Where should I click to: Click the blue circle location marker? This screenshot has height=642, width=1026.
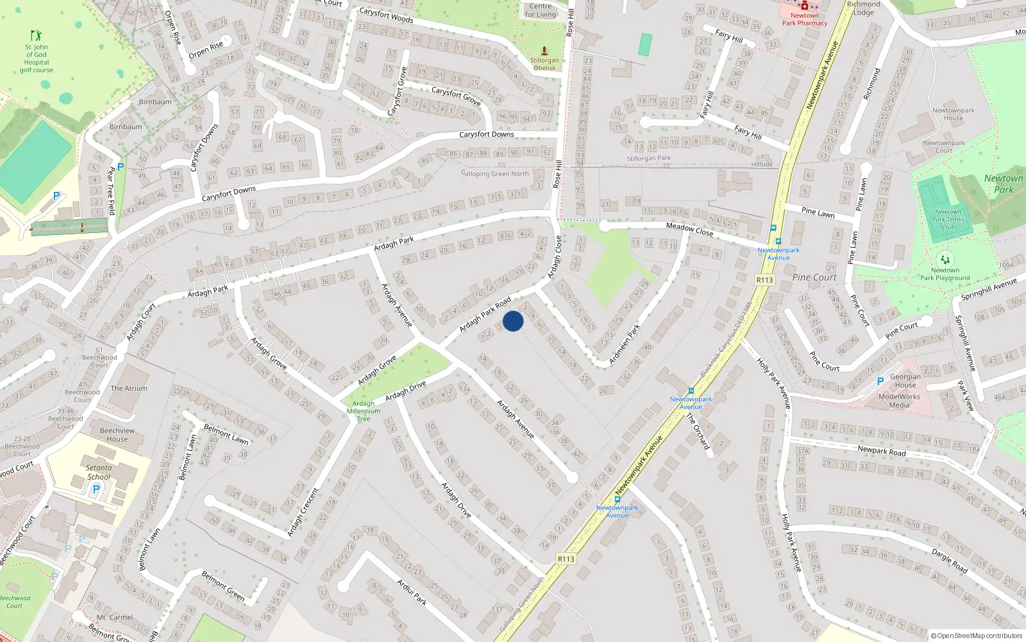513,321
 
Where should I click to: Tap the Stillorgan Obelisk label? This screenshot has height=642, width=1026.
544,64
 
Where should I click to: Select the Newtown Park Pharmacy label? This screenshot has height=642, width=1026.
804,19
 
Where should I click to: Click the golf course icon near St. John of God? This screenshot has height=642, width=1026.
37,36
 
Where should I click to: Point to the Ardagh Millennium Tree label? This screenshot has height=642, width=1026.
364,411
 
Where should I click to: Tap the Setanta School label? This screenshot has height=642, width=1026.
99,473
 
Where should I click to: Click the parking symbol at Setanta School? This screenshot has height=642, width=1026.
96,489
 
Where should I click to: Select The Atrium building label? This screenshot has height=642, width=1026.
129,388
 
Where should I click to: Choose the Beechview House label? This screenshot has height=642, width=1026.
117,435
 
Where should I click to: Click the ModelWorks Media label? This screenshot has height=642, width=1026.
899,401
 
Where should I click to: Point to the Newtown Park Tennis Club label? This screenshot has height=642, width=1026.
948,220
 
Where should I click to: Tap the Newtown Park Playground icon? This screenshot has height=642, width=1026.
945,260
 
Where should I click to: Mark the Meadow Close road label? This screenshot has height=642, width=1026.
689,229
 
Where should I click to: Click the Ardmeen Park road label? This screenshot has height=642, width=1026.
625,345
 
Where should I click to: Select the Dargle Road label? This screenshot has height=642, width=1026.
950,560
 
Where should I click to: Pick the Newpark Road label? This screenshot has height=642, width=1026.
882,451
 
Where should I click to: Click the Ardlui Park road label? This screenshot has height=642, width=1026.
412,593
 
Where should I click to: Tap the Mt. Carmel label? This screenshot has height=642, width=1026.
115,618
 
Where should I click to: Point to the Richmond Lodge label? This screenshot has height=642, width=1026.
864,8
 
